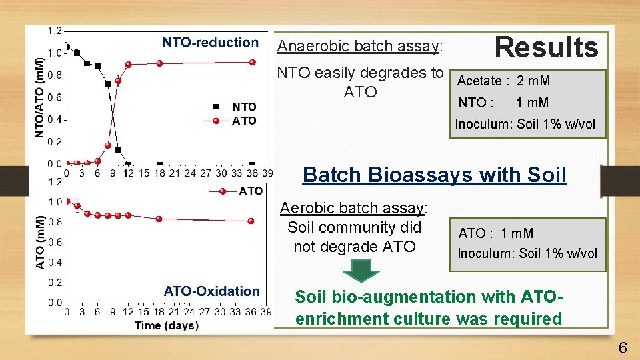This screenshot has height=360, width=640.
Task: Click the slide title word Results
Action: pyautogui.click(x=546, y=47)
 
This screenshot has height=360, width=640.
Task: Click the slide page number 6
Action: pyautogui.click(x=623, y=347)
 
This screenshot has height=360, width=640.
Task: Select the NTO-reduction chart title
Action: pyautogui.click(x=210, y=43)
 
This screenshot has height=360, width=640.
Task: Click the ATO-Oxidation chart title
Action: pyautogui.click(x=211, y=291)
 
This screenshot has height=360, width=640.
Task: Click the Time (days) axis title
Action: pyautogui.click(x=166, y=325)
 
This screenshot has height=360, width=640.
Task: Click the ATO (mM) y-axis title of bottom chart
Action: pyautogui.click(x=40, y=242)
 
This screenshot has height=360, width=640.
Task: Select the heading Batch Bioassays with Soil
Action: pyautogui.click(x=434, y=175)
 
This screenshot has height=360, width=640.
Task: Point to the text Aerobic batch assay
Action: pyautogui.click(x=353, y=208)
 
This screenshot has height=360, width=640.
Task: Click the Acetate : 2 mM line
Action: pyautogui.click(x=503, y=81)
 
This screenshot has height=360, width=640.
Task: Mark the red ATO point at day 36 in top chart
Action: pyautogui.click(x=253, y=62)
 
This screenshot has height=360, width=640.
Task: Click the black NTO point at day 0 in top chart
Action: pyautogui.click(x=68, y=47)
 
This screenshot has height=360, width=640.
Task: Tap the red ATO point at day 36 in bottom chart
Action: pyautogui.click(x=251, y=221)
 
